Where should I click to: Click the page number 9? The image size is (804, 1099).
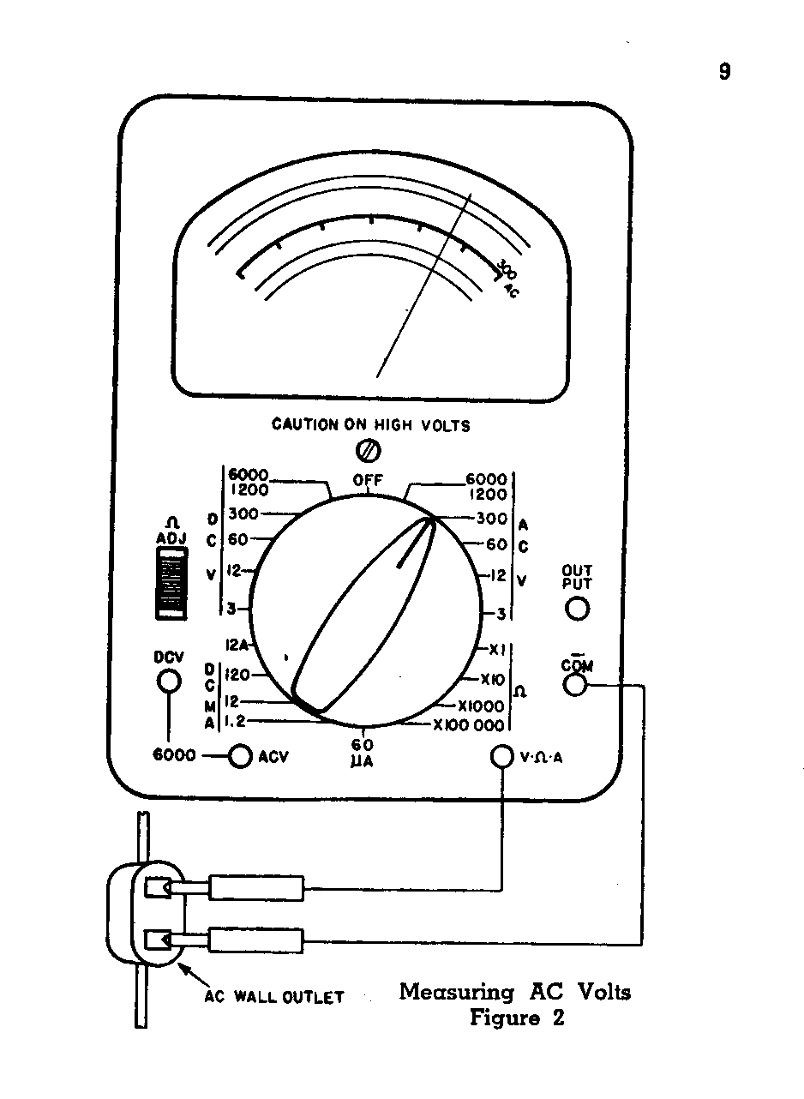[724, 72]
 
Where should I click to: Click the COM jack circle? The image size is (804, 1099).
[574, 685]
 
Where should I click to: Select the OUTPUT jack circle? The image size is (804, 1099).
[577, 609]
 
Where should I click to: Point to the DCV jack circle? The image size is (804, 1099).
[170, 681]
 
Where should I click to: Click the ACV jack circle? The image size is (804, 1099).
[241, 756]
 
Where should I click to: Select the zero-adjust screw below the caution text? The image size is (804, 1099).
[368, 449]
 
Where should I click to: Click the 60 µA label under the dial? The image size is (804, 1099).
[362, 751]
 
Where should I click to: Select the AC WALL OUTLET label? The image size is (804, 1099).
[273, 997]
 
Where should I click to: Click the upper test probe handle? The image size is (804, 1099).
[256, 888]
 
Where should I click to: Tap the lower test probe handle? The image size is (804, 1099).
[256, 940]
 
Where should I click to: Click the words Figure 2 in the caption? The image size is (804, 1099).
[517, 1019]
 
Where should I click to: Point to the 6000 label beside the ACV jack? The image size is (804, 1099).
[175, 756]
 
